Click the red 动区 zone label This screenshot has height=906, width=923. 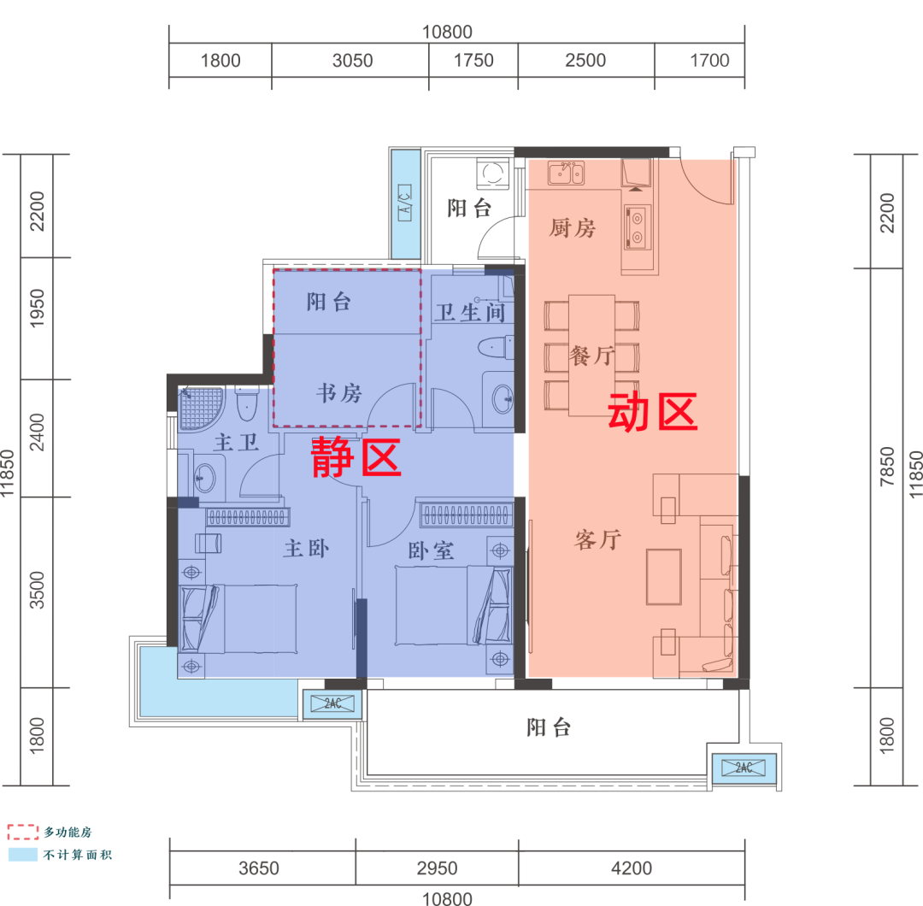[x=652, y=412]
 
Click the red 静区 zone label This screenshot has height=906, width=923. [x=356, y=456]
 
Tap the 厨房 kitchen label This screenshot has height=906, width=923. [x=572, y=228]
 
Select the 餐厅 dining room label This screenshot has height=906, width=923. [x=591, y=356]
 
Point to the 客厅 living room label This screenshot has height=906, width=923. [x=597, y=539]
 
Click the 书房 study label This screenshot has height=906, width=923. [x=339, y=393]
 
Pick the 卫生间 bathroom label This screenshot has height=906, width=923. [x=470, y=312]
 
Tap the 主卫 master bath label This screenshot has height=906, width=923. [x=236, y=442]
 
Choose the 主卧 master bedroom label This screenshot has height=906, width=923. [x=306, y=549]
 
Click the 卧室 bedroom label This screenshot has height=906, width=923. [x=431, y=551]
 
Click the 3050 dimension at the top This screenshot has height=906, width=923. [x=353, y=61]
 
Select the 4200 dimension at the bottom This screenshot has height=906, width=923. [x=632, y=868]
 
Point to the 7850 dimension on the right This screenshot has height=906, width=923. [x=887, y=467]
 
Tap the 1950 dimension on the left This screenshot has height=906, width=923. [x=37, y=309]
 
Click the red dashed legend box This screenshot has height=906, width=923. [x=23, y=832]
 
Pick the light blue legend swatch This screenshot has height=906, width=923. [x=23, y=855]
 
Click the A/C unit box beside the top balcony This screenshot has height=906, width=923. [x=405, y=203]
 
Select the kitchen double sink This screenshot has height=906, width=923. [x=566, y=173]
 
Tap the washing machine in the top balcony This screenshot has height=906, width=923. [x=493, y=174]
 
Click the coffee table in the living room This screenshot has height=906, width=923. [x=664, y=577]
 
